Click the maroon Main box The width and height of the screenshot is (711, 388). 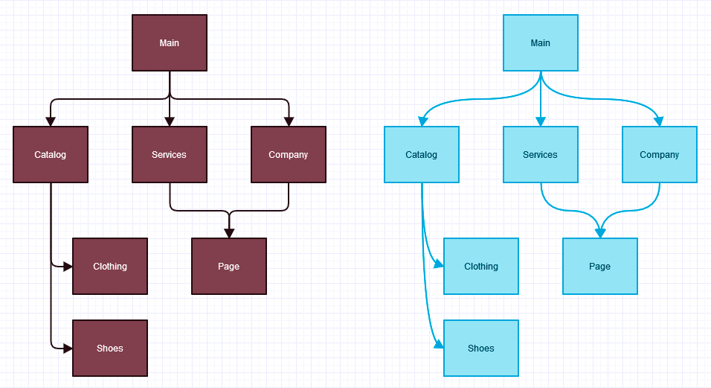(x=170, y=43)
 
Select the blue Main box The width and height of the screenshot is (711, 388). (x=541, y=43)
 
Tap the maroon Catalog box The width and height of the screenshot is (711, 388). (x=51, y=155)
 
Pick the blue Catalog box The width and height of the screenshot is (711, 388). (x=422, y=155)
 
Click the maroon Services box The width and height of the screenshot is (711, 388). (x=170, y=155)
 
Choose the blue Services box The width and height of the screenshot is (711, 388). (x=541, y=155)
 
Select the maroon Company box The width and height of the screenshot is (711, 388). (x=289, y=155)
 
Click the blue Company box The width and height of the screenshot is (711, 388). (x=660, y=155)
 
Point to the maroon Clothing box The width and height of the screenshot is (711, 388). (x=110, y=267)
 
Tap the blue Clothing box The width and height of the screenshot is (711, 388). (x=481, y=267)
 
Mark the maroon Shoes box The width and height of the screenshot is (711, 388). (x=110, y=349)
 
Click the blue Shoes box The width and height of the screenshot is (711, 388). (x=481, y=349)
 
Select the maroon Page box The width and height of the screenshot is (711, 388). (x=229, y=267)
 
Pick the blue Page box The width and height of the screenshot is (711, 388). (x=600, y=267)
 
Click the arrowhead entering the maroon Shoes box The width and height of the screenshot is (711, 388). (x=68, y=349)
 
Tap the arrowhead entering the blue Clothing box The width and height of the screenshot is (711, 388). (x=439, y=265)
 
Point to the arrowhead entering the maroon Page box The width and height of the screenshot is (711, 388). (x=229, y=233)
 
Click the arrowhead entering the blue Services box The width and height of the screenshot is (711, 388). (x=541, y=121)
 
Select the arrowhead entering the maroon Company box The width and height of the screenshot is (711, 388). (x=289, y=121)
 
